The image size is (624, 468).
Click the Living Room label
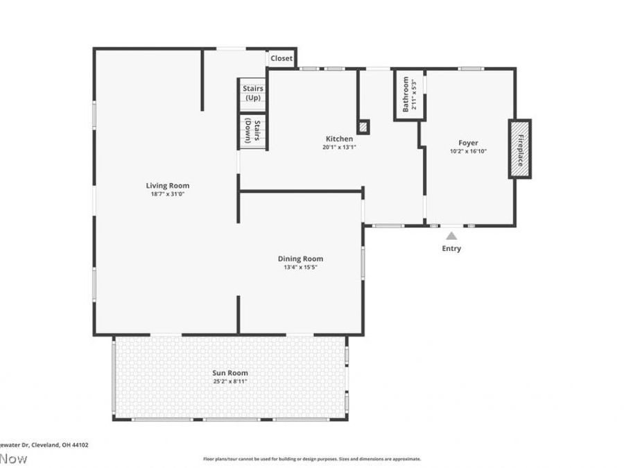tap(167, 185)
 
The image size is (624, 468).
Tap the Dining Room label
tap(300, 259)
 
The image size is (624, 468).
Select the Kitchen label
tap(339, 139)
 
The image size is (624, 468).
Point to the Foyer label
tap(468, 143)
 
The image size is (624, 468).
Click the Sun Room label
tap(229, 373)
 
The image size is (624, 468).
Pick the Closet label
tap(281, 58)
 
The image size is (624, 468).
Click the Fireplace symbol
tap(519, 149)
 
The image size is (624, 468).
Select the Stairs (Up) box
tap(252, 94)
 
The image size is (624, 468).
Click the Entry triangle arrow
tap(451, 236)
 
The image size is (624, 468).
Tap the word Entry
tap(451, 248)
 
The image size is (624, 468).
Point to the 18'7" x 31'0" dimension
tap(167, 194)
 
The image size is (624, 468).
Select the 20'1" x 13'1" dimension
tap(339, 147)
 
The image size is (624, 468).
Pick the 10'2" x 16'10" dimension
tap(468, 151)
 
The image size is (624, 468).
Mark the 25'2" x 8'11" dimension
tap(229, 381)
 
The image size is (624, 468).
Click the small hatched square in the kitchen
tap(363, 127)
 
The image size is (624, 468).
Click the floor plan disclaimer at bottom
tap(311, 458)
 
